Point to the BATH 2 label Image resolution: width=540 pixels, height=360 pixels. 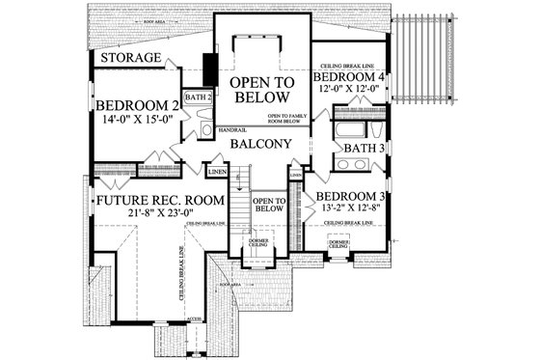(x=198, y=97)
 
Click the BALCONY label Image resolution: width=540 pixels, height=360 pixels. (x=260, y=144)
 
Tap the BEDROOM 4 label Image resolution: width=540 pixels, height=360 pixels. (x=352, y=76)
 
